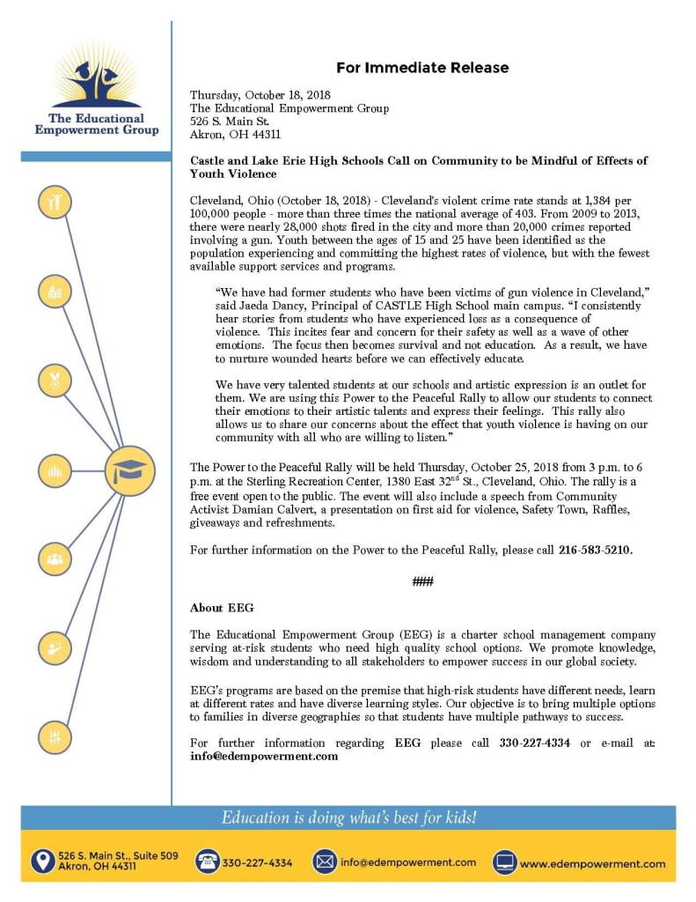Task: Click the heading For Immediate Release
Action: coord(421,68)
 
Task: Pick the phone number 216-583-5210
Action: coord(595,551)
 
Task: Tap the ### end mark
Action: coord(422,581)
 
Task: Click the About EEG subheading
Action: coord(216,608)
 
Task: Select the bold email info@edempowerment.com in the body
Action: coord(264,756)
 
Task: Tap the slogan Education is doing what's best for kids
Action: coord(348,817)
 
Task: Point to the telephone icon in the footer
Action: coord(207,861)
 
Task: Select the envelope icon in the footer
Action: coord(325,861)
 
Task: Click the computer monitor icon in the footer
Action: coord(504,861)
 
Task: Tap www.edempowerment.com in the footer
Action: coord(592,863)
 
